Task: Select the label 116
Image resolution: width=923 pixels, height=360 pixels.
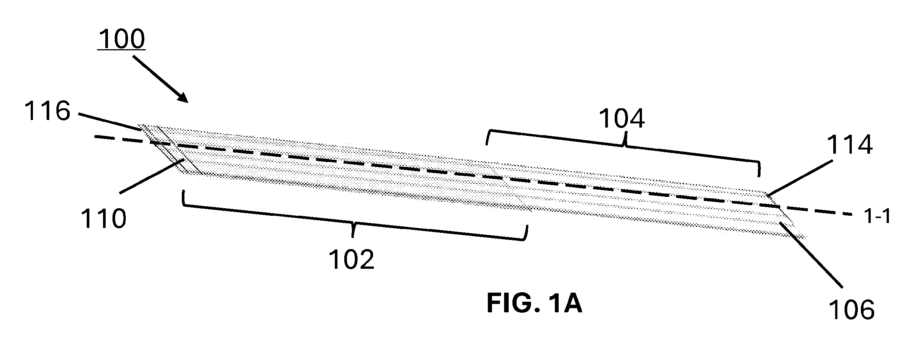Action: [x=47, y=111]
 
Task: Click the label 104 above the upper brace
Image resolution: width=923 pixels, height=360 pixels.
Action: [x=622, y=119]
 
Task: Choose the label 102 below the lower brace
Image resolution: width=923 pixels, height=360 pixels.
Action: [x=351, y=259]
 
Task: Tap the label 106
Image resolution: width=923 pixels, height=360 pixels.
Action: [x=852, y=309]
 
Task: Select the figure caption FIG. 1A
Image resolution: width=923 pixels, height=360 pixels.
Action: [x=534, y=304]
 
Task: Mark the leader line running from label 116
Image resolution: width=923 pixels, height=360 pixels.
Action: [x=111, y=122]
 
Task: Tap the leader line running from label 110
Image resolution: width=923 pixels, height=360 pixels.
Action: [x=152, y=176]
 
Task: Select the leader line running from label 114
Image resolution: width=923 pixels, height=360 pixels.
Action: [x=800, y=178]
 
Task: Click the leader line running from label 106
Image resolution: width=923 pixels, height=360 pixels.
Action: [x=811, y=255]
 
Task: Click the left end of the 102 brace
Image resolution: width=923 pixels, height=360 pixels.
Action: [x=183, y=191]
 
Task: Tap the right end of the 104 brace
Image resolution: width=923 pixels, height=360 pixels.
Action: [x=759, y=176]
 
